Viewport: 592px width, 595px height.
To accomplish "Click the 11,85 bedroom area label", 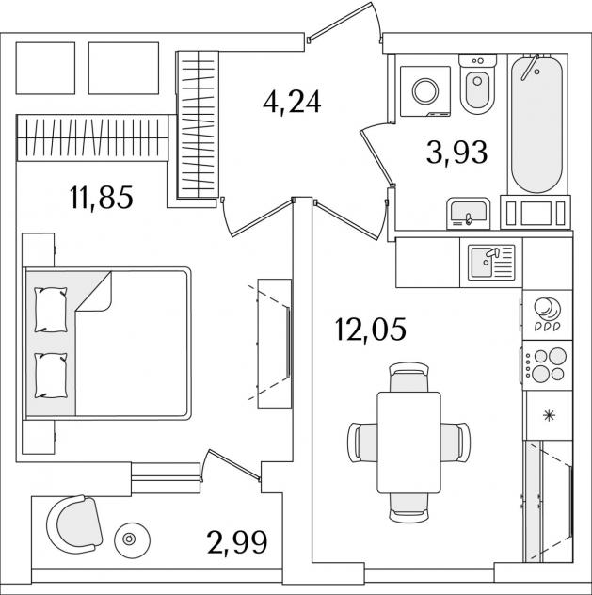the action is coord(102,198).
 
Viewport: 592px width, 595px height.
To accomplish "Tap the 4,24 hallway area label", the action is coord(292,102).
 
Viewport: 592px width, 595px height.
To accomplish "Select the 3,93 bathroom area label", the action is coord(456,153).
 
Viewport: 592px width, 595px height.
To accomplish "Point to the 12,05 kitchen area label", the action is coord(371,329).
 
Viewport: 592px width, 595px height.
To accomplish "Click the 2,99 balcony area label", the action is coord(237,542).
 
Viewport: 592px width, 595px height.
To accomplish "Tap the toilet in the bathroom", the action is coord(477,84).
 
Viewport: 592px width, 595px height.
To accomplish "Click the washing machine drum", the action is coord(425,91).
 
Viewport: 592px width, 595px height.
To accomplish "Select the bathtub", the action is coord(536,124).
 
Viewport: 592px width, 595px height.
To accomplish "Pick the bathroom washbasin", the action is coord(469,214).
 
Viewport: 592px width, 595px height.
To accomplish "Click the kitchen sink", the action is coord(491,262).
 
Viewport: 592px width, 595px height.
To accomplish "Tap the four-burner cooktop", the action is coord(547,365).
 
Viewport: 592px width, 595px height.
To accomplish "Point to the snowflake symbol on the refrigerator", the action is coord(548,416).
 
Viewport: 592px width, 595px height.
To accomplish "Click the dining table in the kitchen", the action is coord(408,442).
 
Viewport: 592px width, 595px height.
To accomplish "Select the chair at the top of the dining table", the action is coord(409,377).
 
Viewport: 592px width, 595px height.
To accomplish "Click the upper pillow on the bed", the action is coord(51,310).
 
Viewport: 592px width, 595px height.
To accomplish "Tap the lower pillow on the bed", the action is coord(51,376).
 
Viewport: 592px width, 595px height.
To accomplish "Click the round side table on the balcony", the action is coord(132,539).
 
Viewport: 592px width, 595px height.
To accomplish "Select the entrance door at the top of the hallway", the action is coord(345,22).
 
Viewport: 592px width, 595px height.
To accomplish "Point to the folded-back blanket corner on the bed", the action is coord(94,292).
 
